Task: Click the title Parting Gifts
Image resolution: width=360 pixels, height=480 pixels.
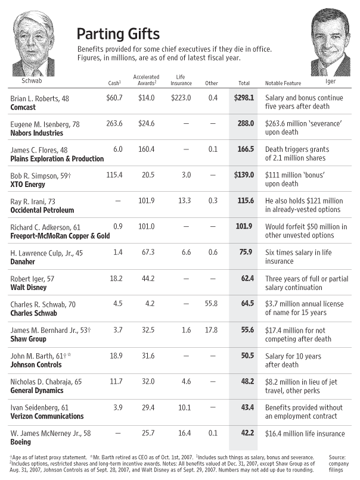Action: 118,35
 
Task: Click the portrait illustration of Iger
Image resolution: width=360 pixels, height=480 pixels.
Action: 330,42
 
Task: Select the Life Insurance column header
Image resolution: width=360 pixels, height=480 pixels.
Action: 181,80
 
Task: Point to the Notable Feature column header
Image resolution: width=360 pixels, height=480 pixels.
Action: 283,83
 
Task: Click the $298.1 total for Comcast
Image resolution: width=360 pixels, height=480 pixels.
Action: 244,98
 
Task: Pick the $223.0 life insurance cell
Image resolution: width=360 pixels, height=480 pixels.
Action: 181,98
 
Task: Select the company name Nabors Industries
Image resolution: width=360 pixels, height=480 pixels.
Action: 37,133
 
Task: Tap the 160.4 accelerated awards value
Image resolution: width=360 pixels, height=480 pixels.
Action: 147,149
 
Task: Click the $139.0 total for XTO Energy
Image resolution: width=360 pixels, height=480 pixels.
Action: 244,175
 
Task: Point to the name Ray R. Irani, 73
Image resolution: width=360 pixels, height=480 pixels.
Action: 33,201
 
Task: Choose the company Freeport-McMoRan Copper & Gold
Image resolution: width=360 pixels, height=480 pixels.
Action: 60,236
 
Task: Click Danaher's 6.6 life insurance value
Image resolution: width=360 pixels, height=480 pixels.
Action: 187,253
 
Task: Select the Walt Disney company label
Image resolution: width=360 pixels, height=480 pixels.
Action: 29,287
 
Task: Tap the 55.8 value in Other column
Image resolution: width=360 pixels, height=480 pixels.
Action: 211,304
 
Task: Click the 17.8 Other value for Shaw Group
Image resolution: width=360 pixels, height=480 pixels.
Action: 211,330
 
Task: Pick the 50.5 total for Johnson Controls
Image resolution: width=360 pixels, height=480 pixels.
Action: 247,356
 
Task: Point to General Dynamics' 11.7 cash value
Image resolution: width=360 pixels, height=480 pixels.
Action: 116,381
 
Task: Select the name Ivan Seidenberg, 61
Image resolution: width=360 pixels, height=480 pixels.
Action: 39,407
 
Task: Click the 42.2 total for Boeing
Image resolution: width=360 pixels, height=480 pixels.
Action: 247,433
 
